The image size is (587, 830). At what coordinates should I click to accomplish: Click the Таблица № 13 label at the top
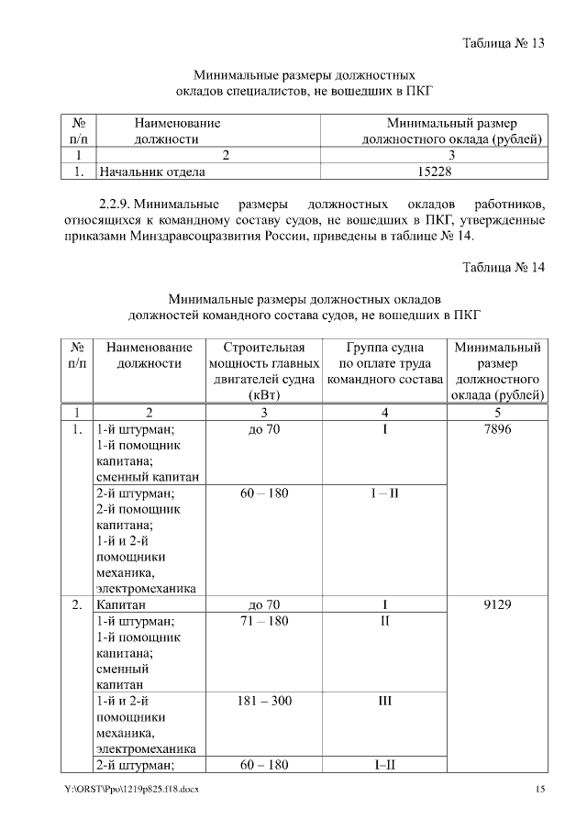coord(504,43)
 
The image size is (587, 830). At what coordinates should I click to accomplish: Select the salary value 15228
coord(435,171)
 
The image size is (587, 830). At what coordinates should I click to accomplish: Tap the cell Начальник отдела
coord(151,171)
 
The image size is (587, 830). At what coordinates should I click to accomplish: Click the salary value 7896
coord(496,429)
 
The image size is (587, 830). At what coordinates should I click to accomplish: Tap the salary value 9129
coord(496,605)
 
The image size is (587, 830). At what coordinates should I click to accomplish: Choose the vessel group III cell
coord(384,701)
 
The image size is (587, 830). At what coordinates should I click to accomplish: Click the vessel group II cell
coord(384,622)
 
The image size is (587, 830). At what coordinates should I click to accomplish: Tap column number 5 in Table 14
coord(496,412)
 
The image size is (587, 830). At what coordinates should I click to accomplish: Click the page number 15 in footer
coord(540,790)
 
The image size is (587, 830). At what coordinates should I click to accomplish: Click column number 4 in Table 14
coord(384,412)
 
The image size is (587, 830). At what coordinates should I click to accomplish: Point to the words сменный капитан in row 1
coord(147,476)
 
